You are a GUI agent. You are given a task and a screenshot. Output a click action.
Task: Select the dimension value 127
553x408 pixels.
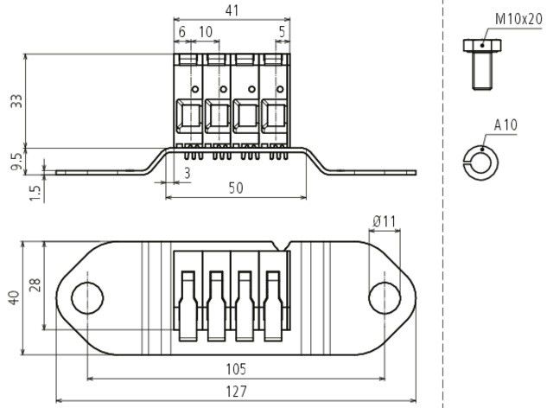(233, 392)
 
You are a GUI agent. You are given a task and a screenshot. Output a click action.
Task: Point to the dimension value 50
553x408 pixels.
(236, 188)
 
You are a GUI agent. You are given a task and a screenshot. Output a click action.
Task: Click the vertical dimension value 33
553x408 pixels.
(16, 102)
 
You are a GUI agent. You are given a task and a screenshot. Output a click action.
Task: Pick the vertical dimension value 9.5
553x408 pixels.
(16, 161)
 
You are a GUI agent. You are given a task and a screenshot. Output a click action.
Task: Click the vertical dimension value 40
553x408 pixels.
(12, 297)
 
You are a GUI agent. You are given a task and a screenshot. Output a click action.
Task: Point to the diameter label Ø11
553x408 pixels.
(385, 222)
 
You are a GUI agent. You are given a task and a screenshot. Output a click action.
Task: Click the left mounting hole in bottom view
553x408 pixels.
(86, 297)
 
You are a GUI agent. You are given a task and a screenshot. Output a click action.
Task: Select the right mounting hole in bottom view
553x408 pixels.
(385, 297)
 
